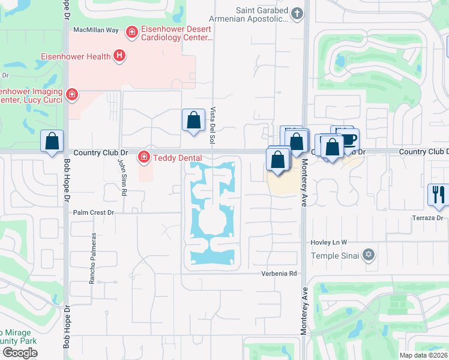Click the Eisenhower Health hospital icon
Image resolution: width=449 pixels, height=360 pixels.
point(119,56)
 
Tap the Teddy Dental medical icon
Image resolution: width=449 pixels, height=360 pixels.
point(143,158)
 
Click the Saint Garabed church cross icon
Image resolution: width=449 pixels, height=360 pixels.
point(297,13)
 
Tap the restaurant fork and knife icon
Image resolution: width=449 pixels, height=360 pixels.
point(436,194)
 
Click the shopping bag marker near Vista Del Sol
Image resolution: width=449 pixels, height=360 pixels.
point(193,120)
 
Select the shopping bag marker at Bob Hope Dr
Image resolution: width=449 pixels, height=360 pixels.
point(52,142)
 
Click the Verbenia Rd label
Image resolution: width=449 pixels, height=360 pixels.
point(279,274)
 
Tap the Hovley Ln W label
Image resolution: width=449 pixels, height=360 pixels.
point(328,242)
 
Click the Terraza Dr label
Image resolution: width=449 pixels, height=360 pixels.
point(427,218)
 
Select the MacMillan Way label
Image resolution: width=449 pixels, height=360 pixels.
point(95,29)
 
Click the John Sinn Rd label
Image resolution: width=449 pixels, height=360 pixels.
point(122,176)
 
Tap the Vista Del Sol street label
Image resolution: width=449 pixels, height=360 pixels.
point(212,125)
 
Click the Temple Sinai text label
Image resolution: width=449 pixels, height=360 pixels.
point(335,256)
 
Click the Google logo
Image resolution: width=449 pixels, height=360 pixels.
point(20,353)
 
